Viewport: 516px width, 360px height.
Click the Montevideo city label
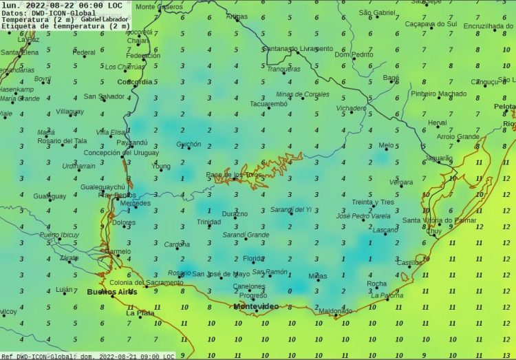(256, 306)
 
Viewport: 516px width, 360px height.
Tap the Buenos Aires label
(111, 292)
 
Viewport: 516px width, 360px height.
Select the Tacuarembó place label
(268, 104)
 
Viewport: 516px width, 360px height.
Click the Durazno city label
(235, 214)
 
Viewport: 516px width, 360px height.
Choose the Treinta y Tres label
(373, 202)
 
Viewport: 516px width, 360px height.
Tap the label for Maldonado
(335, 311)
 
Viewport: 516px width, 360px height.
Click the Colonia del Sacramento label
(146, 282)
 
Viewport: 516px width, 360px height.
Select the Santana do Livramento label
(297, 49)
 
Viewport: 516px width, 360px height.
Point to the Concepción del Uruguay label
(121, 153)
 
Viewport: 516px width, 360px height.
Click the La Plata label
(140, 313)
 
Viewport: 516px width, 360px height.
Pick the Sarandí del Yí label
(290, 209)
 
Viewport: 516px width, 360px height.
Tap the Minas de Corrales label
(302, 94)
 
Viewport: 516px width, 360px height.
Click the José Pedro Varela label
(363, 216)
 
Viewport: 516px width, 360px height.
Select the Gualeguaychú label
(103, 187)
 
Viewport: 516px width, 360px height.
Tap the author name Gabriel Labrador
(104, 19)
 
